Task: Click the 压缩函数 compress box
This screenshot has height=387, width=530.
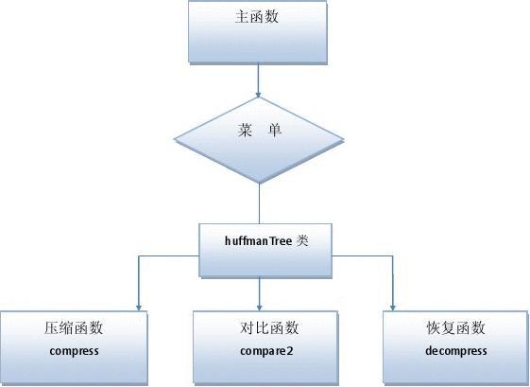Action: point(74,340)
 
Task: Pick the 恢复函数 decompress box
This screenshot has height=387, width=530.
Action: point(454,340)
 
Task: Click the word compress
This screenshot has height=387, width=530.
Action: point(74,351)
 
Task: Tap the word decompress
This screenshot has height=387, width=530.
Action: point(455,351)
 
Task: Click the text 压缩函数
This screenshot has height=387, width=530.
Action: point(74,328)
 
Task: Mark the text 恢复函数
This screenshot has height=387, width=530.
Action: point(455,328)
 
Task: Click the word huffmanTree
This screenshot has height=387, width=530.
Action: point(259,241)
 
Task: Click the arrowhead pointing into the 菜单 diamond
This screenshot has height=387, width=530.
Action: point(259,93)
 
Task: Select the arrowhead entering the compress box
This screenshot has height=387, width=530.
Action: point(139,306)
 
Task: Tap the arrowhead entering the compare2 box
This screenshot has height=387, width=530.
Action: point(261,306)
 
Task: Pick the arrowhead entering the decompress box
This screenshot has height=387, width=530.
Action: point(392,306)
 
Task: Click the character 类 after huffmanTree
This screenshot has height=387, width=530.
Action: point(302,241)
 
